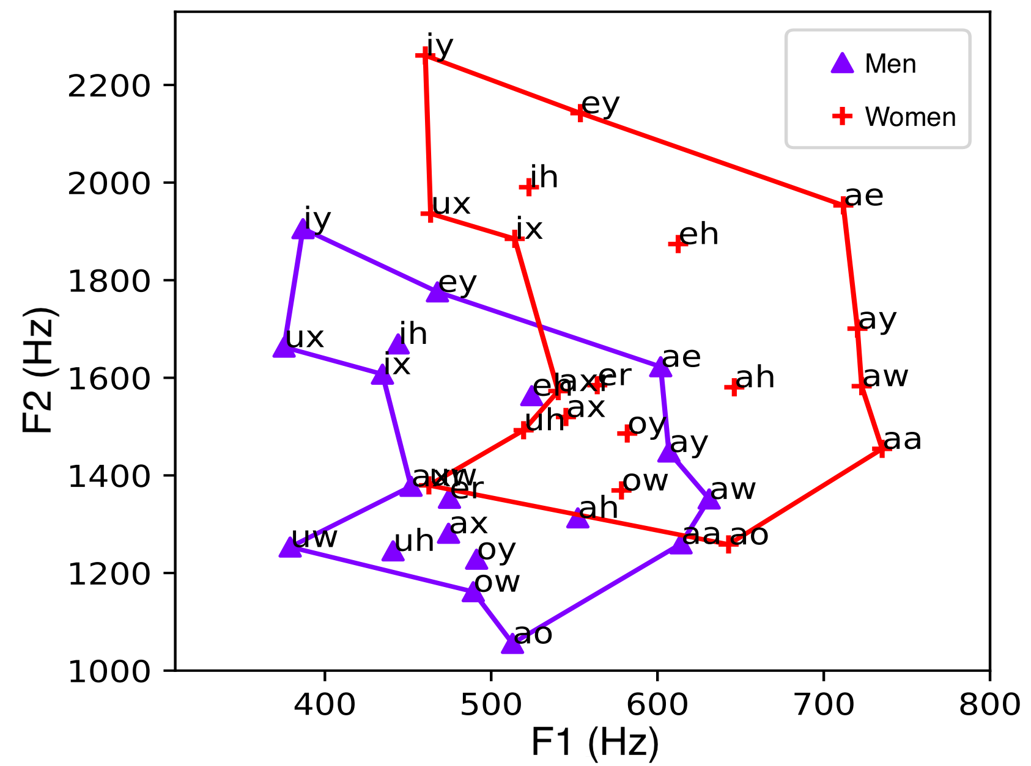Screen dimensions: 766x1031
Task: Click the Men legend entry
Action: pos(874,64)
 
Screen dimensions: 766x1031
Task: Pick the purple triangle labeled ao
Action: pos(512,644)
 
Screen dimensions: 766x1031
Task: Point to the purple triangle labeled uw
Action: pos(290,548)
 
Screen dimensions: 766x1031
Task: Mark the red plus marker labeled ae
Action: pos(843,203)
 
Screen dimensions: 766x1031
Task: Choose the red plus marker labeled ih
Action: pos(528,187)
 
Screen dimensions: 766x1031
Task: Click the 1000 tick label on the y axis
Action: pos(108,671)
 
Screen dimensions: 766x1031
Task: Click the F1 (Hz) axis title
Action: pos(594,743)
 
